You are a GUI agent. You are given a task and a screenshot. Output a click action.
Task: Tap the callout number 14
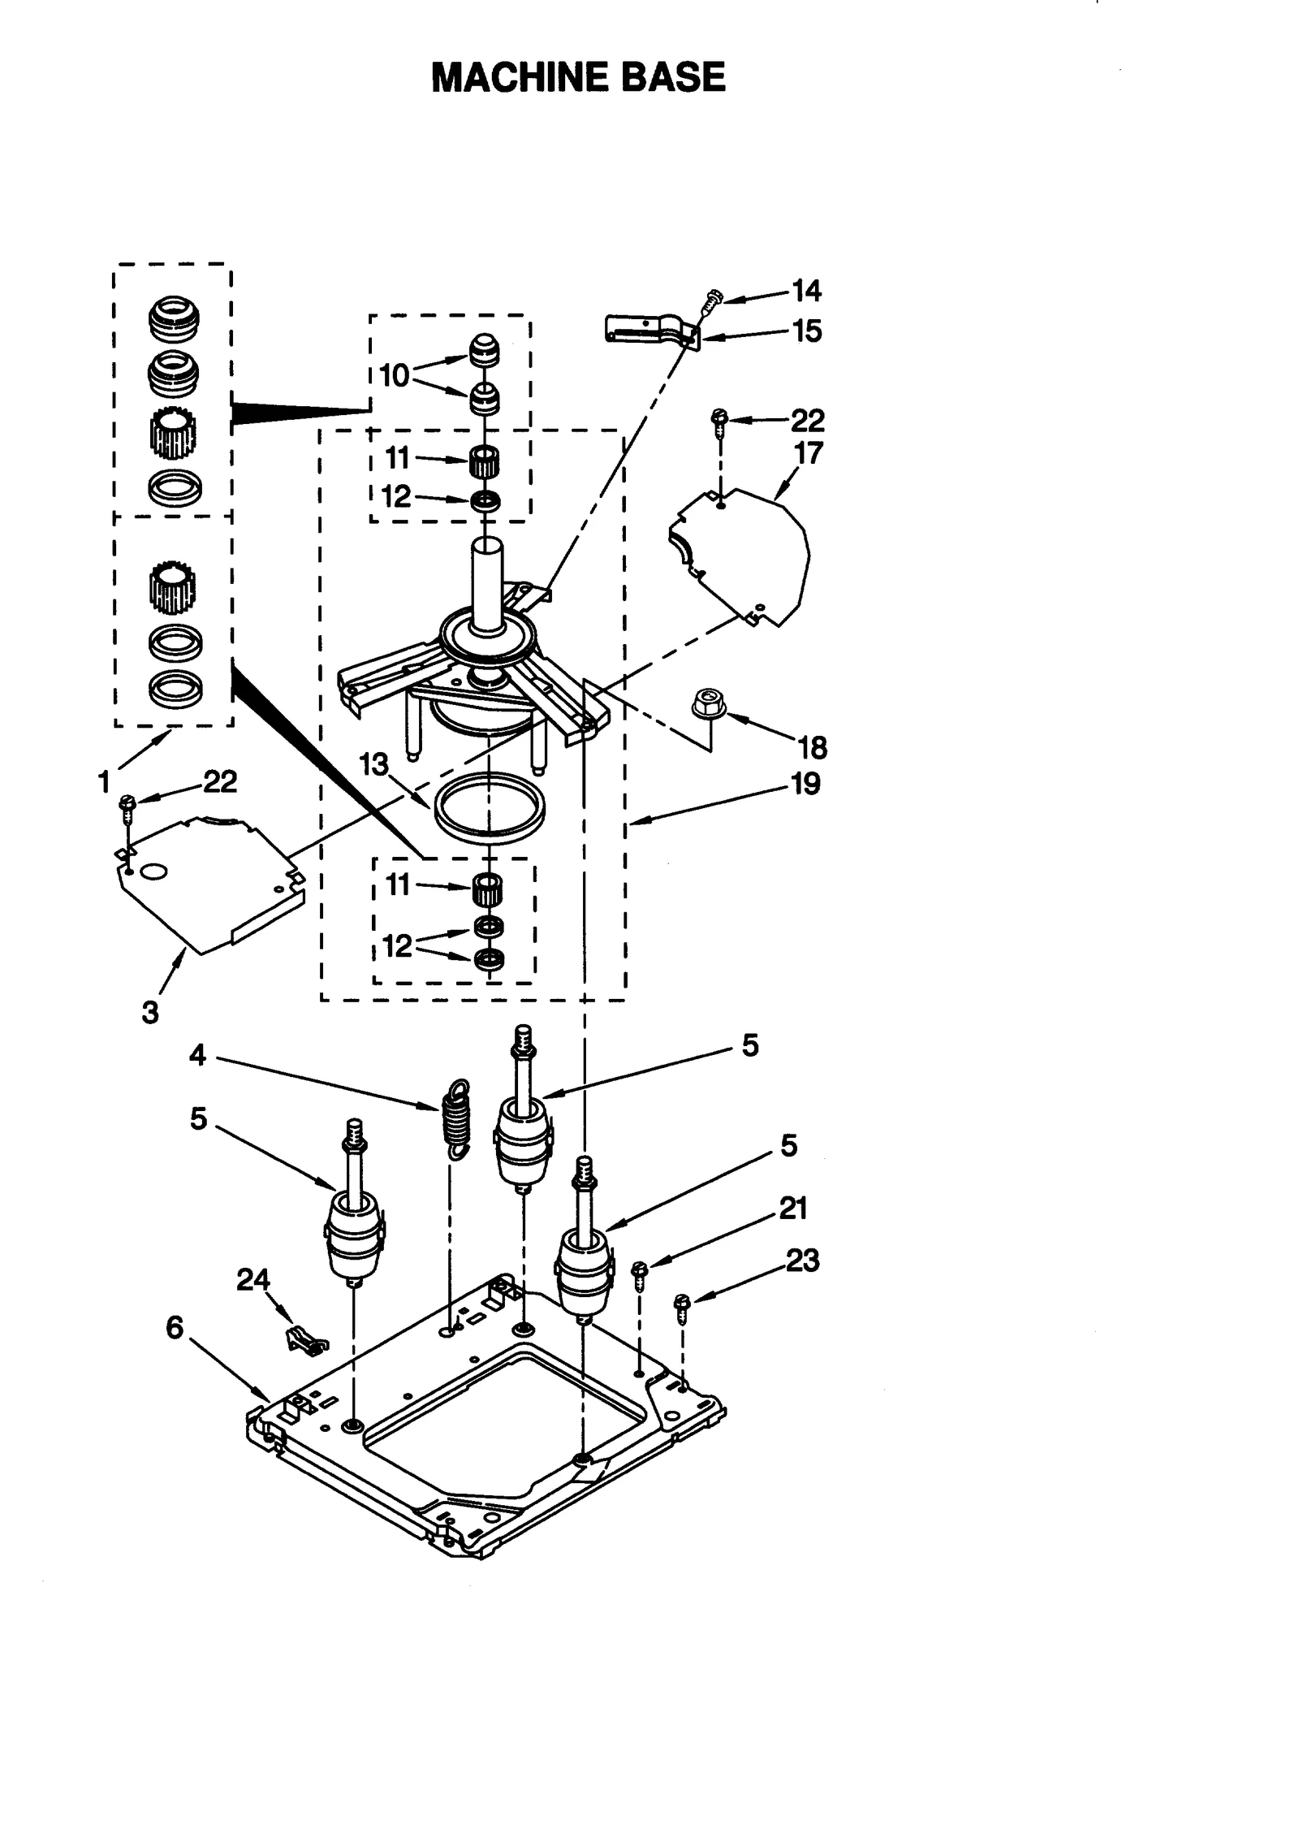806,291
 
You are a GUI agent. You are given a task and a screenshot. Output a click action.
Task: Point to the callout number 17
809,452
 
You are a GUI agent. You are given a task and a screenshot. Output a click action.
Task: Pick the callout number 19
805,784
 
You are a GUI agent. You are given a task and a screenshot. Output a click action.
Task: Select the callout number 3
150,1012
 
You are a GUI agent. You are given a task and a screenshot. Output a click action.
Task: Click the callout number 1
104,782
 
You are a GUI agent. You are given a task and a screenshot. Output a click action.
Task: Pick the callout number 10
395,376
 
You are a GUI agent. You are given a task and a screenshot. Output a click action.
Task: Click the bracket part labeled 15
649,328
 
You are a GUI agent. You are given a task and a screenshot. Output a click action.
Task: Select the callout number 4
197,1055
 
